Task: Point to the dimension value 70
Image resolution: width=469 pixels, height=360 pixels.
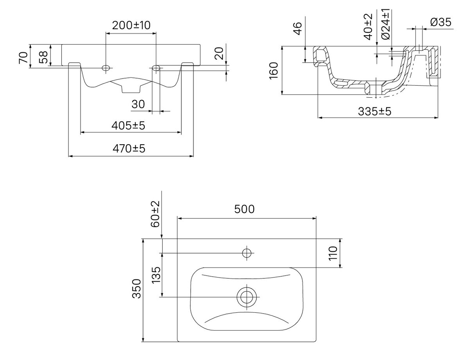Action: point(24,57)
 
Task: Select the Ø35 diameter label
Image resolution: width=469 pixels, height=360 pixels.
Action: point(440,22)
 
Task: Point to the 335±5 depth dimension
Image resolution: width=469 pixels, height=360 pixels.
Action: point(375,111)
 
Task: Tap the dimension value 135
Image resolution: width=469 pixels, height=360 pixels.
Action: point(156,276)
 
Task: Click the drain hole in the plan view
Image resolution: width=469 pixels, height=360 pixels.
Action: point(247,297)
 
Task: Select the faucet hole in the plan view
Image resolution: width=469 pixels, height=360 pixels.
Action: point(247,253)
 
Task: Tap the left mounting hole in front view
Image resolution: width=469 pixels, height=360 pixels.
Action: point(105,68)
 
